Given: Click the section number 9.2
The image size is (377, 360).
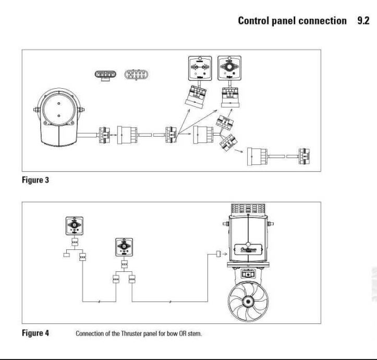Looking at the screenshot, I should tap(363, 21).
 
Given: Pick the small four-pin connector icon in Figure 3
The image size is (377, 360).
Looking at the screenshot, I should tap(103, 75).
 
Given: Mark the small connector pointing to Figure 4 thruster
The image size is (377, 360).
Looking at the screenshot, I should tap(218, 255).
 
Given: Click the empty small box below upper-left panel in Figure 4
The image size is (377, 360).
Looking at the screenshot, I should tap(66, 257).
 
